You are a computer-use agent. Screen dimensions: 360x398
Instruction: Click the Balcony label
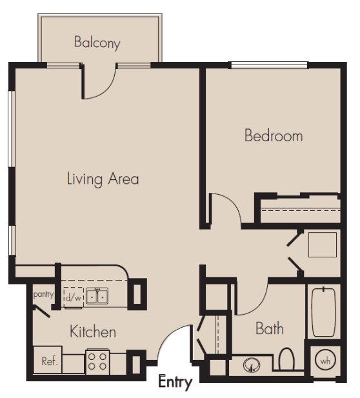click(97, 43)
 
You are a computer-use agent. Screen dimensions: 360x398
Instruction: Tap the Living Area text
click(103, 179)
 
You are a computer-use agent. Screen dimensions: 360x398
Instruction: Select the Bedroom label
click(274, 135)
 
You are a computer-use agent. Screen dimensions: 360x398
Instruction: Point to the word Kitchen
click(93, 332)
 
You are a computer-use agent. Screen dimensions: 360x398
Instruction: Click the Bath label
click(270, 328)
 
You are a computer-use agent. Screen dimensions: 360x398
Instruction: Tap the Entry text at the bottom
click(175, 381)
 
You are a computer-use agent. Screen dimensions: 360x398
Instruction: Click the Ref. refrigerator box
click(48, 360)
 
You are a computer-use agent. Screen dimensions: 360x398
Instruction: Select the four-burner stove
click(97, 361)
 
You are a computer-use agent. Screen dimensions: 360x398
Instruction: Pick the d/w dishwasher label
click(73, 297)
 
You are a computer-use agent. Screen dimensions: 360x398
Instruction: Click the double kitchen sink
click(97, 295)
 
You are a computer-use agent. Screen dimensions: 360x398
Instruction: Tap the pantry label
click(43, 294)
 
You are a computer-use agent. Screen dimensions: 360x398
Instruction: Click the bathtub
click(324, 312)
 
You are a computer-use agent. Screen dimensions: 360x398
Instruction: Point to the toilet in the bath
click(286, 359)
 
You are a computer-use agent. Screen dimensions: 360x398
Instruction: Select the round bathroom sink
click(252, 365)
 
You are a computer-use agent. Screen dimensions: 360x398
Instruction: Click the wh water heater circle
click(325, 360)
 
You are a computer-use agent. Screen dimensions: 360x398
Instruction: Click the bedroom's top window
click(270, 65)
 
